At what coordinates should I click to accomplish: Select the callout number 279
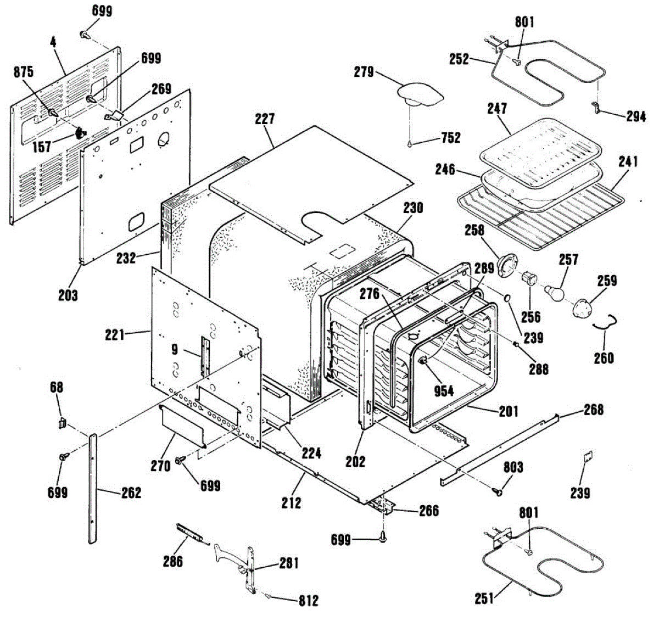364,71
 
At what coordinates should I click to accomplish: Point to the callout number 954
444,390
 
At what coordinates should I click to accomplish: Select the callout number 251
484,598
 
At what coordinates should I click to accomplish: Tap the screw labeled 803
498,491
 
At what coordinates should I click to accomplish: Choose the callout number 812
308,601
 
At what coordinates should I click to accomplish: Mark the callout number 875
24,72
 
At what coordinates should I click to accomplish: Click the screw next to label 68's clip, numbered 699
63,457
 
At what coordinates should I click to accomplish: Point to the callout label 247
496,108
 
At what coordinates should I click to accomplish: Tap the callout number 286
172,561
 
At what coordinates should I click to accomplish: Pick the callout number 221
115,333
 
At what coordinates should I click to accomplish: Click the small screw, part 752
410,144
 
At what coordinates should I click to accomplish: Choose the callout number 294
636,116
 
